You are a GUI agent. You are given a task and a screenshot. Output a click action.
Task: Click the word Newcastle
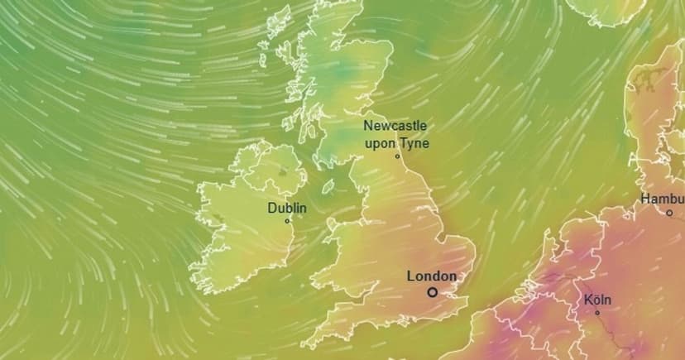[395, 126]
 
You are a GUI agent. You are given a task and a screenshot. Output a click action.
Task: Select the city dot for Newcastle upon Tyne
[397, 156]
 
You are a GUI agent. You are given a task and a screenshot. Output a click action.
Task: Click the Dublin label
[286, 208]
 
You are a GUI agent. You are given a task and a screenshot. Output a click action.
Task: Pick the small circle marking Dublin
[287, 221]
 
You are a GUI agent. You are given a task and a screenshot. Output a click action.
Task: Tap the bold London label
[432, 276]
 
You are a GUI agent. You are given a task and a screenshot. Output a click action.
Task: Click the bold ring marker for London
[432, 292]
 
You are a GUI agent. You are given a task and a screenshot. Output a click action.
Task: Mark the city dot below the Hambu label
[669, 214]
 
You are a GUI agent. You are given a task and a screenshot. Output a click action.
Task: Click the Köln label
[596, 300]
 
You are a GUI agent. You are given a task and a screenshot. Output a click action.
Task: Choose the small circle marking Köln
[597, 313]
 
